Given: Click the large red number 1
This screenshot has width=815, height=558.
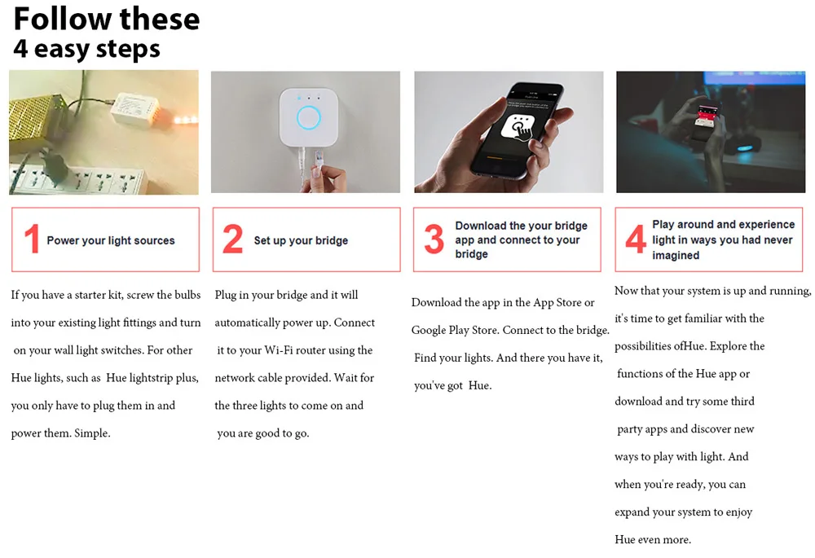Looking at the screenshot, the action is (33, 239).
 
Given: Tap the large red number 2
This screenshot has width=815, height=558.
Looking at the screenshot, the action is (232, 239).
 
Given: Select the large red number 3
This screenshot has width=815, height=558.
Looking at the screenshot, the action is (434, 239).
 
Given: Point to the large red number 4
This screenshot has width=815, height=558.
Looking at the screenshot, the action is (636, 239).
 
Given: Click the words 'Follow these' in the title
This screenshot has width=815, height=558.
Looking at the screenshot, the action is (107, 20).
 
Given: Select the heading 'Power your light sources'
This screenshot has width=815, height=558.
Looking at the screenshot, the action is (111, 240).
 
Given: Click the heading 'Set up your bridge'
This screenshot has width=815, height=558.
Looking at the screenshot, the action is (301, 240).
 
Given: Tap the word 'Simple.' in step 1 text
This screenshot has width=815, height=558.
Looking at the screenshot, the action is (92, 433).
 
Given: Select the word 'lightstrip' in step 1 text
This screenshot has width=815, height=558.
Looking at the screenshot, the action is (151, 378).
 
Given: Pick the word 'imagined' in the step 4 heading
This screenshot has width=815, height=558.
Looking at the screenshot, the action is (676, 256).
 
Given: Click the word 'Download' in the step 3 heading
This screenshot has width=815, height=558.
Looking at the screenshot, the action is (481, 226).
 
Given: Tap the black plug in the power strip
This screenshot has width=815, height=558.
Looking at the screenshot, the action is (51, 166).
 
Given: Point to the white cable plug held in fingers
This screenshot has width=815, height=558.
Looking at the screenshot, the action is (318, 158).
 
